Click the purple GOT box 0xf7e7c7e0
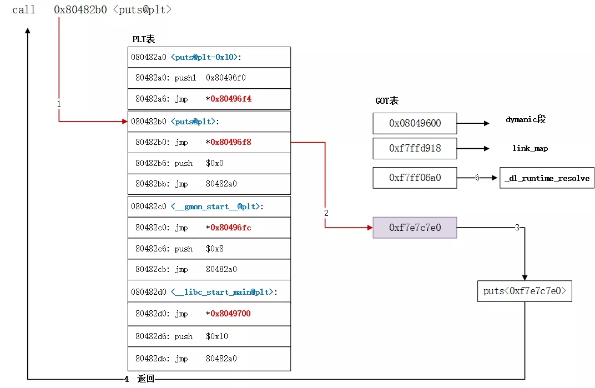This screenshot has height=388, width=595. (415, 228)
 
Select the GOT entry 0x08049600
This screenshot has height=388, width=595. (415, 123)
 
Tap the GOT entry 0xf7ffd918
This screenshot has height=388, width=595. (415, 149)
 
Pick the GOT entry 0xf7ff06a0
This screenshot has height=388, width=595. (415, 178)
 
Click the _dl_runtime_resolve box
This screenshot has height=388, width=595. (547, 178)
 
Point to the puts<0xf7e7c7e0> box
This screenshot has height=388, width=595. (525, 291)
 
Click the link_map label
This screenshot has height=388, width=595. (530, 149)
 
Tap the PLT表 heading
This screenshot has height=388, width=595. (143, 39)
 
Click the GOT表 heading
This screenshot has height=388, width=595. (387, 101)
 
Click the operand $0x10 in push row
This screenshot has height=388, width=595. (217, 336)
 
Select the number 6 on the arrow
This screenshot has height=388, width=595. (476, 178)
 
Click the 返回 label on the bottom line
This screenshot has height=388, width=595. (145, 379)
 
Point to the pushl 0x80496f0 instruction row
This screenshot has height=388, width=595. (190, 78)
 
